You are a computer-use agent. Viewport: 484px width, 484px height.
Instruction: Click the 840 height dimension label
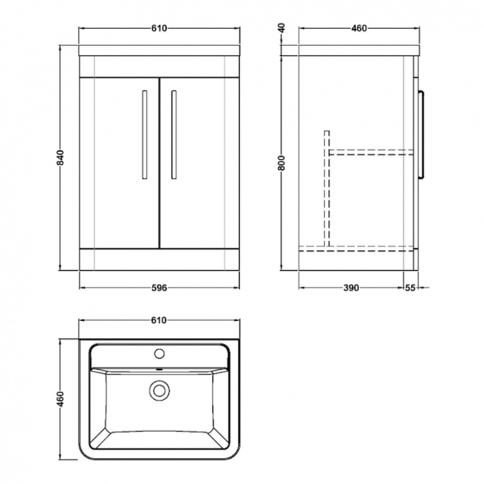pyautogui.click(x=61, y=157)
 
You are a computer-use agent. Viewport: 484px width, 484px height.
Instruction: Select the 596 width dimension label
pyautogui.click(x=159, y=288)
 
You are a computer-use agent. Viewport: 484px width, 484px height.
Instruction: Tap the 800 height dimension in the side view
pyautogui.click(x=281, y=163)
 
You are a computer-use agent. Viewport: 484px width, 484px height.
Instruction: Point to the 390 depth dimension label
pyautogui.click(x=351, y=288)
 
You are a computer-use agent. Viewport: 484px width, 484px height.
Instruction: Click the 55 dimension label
pyautogui.click(x=410, y=288)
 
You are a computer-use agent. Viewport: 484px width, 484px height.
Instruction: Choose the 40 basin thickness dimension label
pyautogui.click(x=281, y=28)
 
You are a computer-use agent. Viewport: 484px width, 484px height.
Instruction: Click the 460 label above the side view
pyautogui.click(x=359, y=28)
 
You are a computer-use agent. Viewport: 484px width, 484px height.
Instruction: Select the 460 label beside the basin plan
pyautogui.click(x=61, y=399)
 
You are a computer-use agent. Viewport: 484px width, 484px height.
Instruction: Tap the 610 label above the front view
pyautogui.click(x=159, y=28)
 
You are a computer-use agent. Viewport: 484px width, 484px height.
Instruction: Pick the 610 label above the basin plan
pyautogui.click(x=159, y=320)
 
